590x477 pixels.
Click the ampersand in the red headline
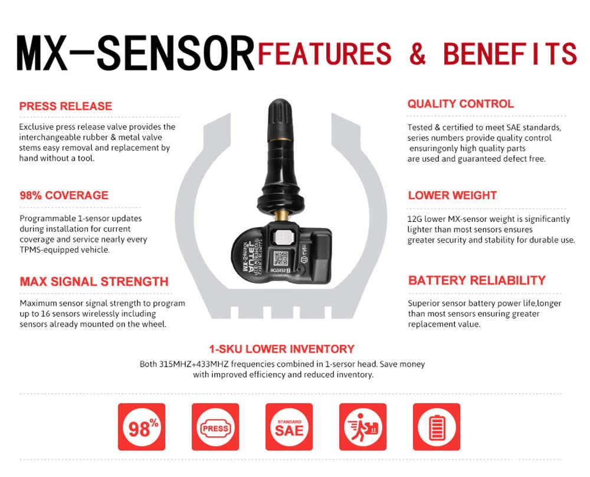pyautogui.click(x=418, y=54)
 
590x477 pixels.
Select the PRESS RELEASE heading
pyautogui.click(x=65, y=106)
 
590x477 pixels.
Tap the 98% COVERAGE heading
pyautogui.click(x=64, y=195)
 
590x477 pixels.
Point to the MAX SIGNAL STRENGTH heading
pyautogui.click(x=94, y=282)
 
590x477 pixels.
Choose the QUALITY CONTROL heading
pyautogui.click(x=460, y=104)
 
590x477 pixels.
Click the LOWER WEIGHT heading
pyautogui.click(x=452, y=195)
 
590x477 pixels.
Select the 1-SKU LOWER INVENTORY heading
pyautogui.click(x=281, y=349)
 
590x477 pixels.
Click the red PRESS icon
pyautogui.click(x=215, y=427)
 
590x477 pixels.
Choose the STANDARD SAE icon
pyautogui.click(x=289, y=427)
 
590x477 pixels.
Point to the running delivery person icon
pyautogui.click(x=362, y=427)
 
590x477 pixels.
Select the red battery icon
pyautogui.click(x=436, y=427)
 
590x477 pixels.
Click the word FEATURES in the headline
pyautogui.click(x=324, y=54)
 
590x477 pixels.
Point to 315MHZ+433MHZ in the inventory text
pyautogui.click(x=193, y=364)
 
